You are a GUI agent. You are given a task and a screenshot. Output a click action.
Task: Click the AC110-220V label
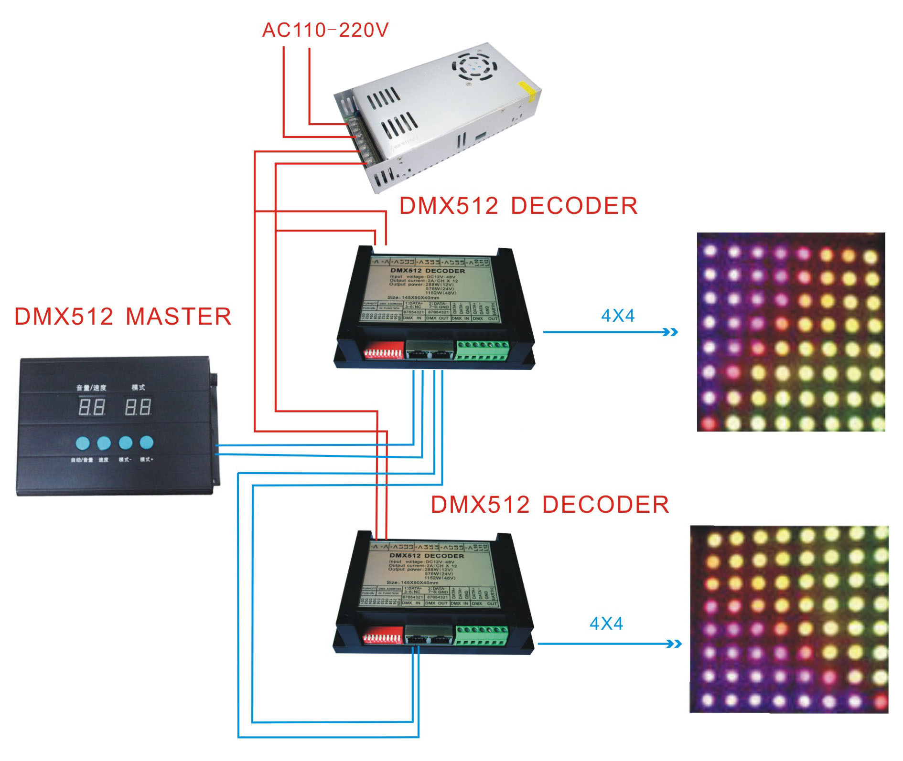(325, 30)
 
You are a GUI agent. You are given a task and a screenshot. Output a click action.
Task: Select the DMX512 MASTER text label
(123, 317)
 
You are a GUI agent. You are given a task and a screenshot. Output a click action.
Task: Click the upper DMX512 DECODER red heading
(518, 206)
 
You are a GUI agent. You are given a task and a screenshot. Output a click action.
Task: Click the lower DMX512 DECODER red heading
(550, 505)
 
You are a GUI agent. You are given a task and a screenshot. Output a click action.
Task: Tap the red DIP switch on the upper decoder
(384, 353)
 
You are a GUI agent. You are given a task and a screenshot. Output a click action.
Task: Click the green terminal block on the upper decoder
(482, 350)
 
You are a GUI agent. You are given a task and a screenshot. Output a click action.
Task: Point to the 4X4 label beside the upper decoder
(618, 316)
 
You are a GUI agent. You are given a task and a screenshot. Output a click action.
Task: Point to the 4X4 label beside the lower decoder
(606, 624)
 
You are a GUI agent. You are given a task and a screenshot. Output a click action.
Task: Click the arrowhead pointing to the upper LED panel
(671, 332)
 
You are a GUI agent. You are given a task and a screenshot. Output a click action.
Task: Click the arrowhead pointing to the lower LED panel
(674, 644)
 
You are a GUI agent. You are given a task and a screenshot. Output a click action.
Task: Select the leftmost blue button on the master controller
(83, 443)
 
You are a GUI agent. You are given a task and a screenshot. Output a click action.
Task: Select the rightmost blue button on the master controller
(146, 443)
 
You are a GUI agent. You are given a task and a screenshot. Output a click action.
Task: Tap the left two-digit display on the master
(91, 407)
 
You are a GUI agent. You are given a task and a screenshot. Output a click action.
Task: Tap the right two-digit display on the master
(138, 407)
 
